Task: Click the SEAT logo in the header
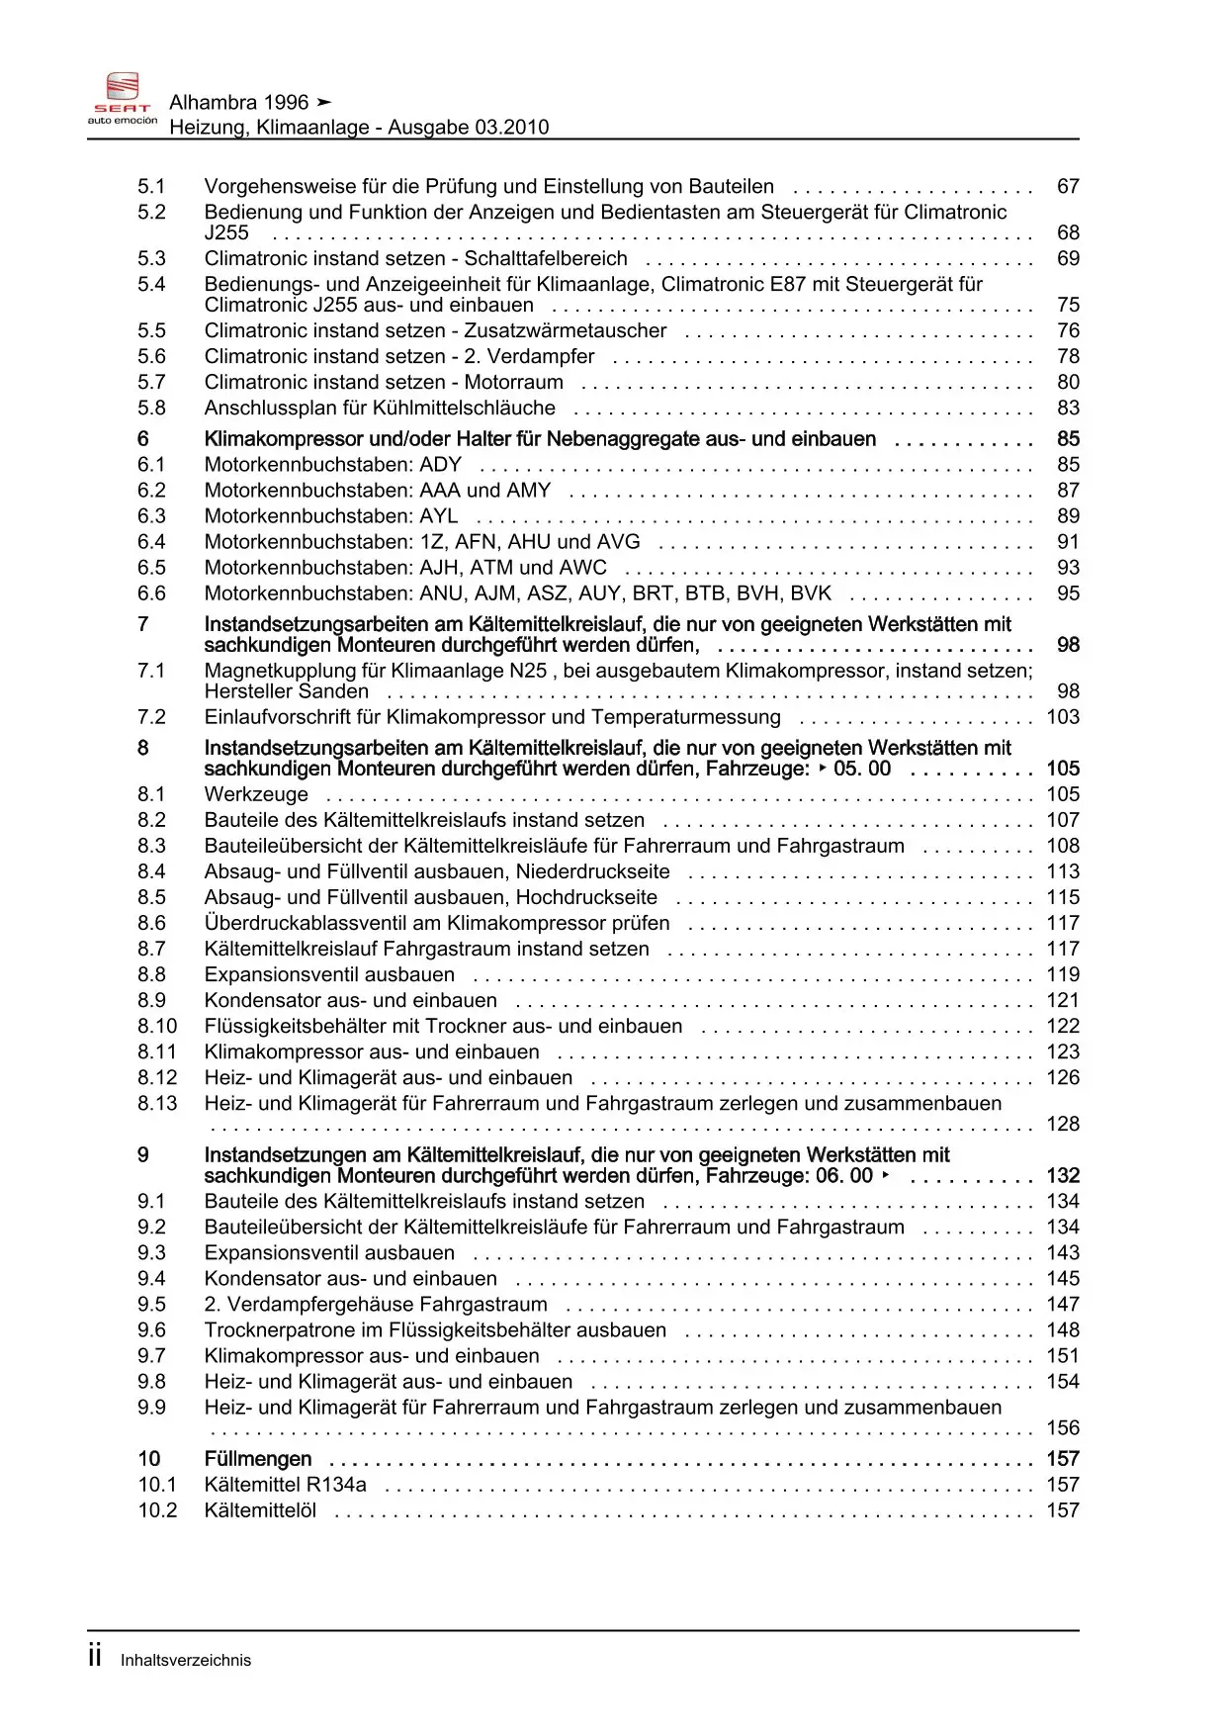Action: (123, 99)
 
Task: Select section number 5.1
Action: (151, 186)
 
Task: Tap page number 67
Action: (1068, 186)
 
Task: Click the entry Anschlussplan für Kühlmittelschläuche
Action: (380, 408)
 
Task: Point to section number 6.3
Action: (151, 515)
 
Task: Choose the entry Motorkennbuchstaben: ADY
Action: (332, 464)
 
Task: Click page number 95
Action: (1068, 593)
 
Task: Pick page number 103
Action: (1063, 716)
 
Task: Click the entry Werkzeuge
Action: (256, 794)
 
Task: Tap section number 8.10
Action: (157, 1026)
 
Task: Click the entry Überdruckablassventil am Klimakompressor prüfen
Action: (436, 923)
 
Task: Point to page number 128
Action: (1063, 1124)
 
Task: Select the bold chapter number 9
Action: (143, 1154)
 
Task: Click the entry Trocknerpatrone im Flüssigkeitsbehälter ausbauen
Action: (435, 1329)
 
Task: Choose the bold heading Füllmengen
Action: (257, 1458)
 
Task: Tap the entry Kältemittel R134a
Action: (285, 1484)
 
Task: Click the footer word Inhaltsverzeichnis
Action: (186, 1661)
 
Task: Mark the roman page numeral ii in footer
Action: (95, 1657)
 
